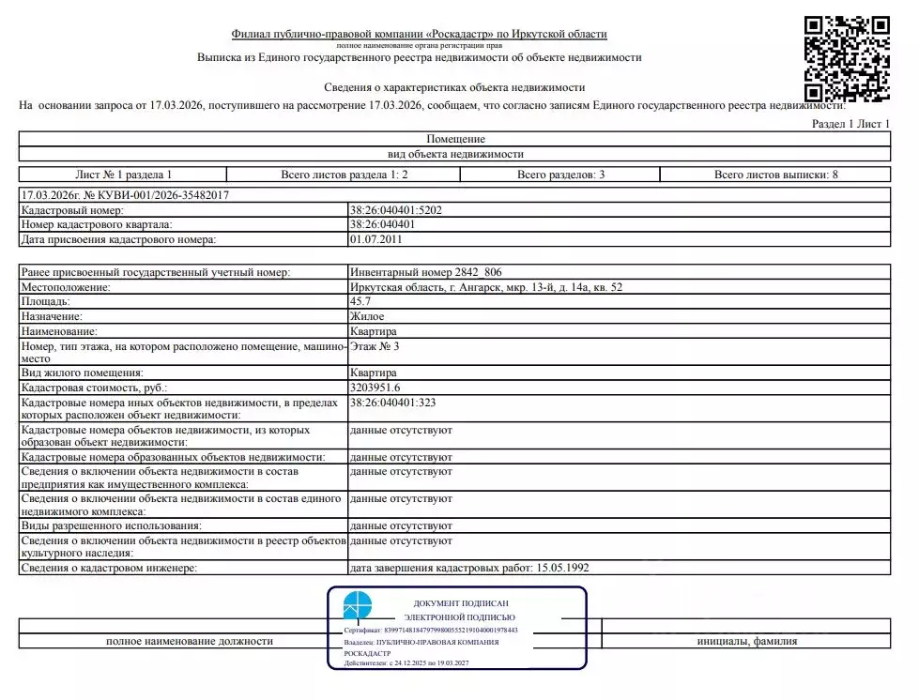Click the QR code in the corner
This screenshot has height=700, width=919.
847,57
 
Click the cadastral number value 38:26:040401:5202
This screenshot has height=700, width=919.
395,210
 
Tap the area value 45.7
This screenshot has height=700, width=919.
360,302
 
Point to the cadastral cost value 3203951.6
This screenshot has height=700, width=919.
375,387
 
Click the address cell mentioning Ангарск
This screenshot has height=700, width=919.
485,287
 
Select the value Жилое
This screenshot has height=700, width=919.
366,317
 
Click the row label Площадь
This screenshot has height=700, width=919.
46,302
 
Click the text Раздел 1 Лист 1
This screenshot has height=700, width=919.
850,124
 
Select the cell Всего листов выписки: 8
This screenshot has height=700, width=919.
775,175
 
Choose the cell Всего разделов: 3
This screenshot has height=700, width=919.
560,175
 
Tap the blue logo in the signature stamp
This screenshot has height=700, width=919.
358,605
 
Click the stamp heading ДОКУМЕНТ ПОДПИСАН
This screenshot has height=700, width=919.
460,602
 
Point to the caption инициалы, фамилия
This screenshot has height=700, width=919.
746,641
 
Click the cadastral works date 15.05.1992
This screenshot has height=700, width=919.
561,568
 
